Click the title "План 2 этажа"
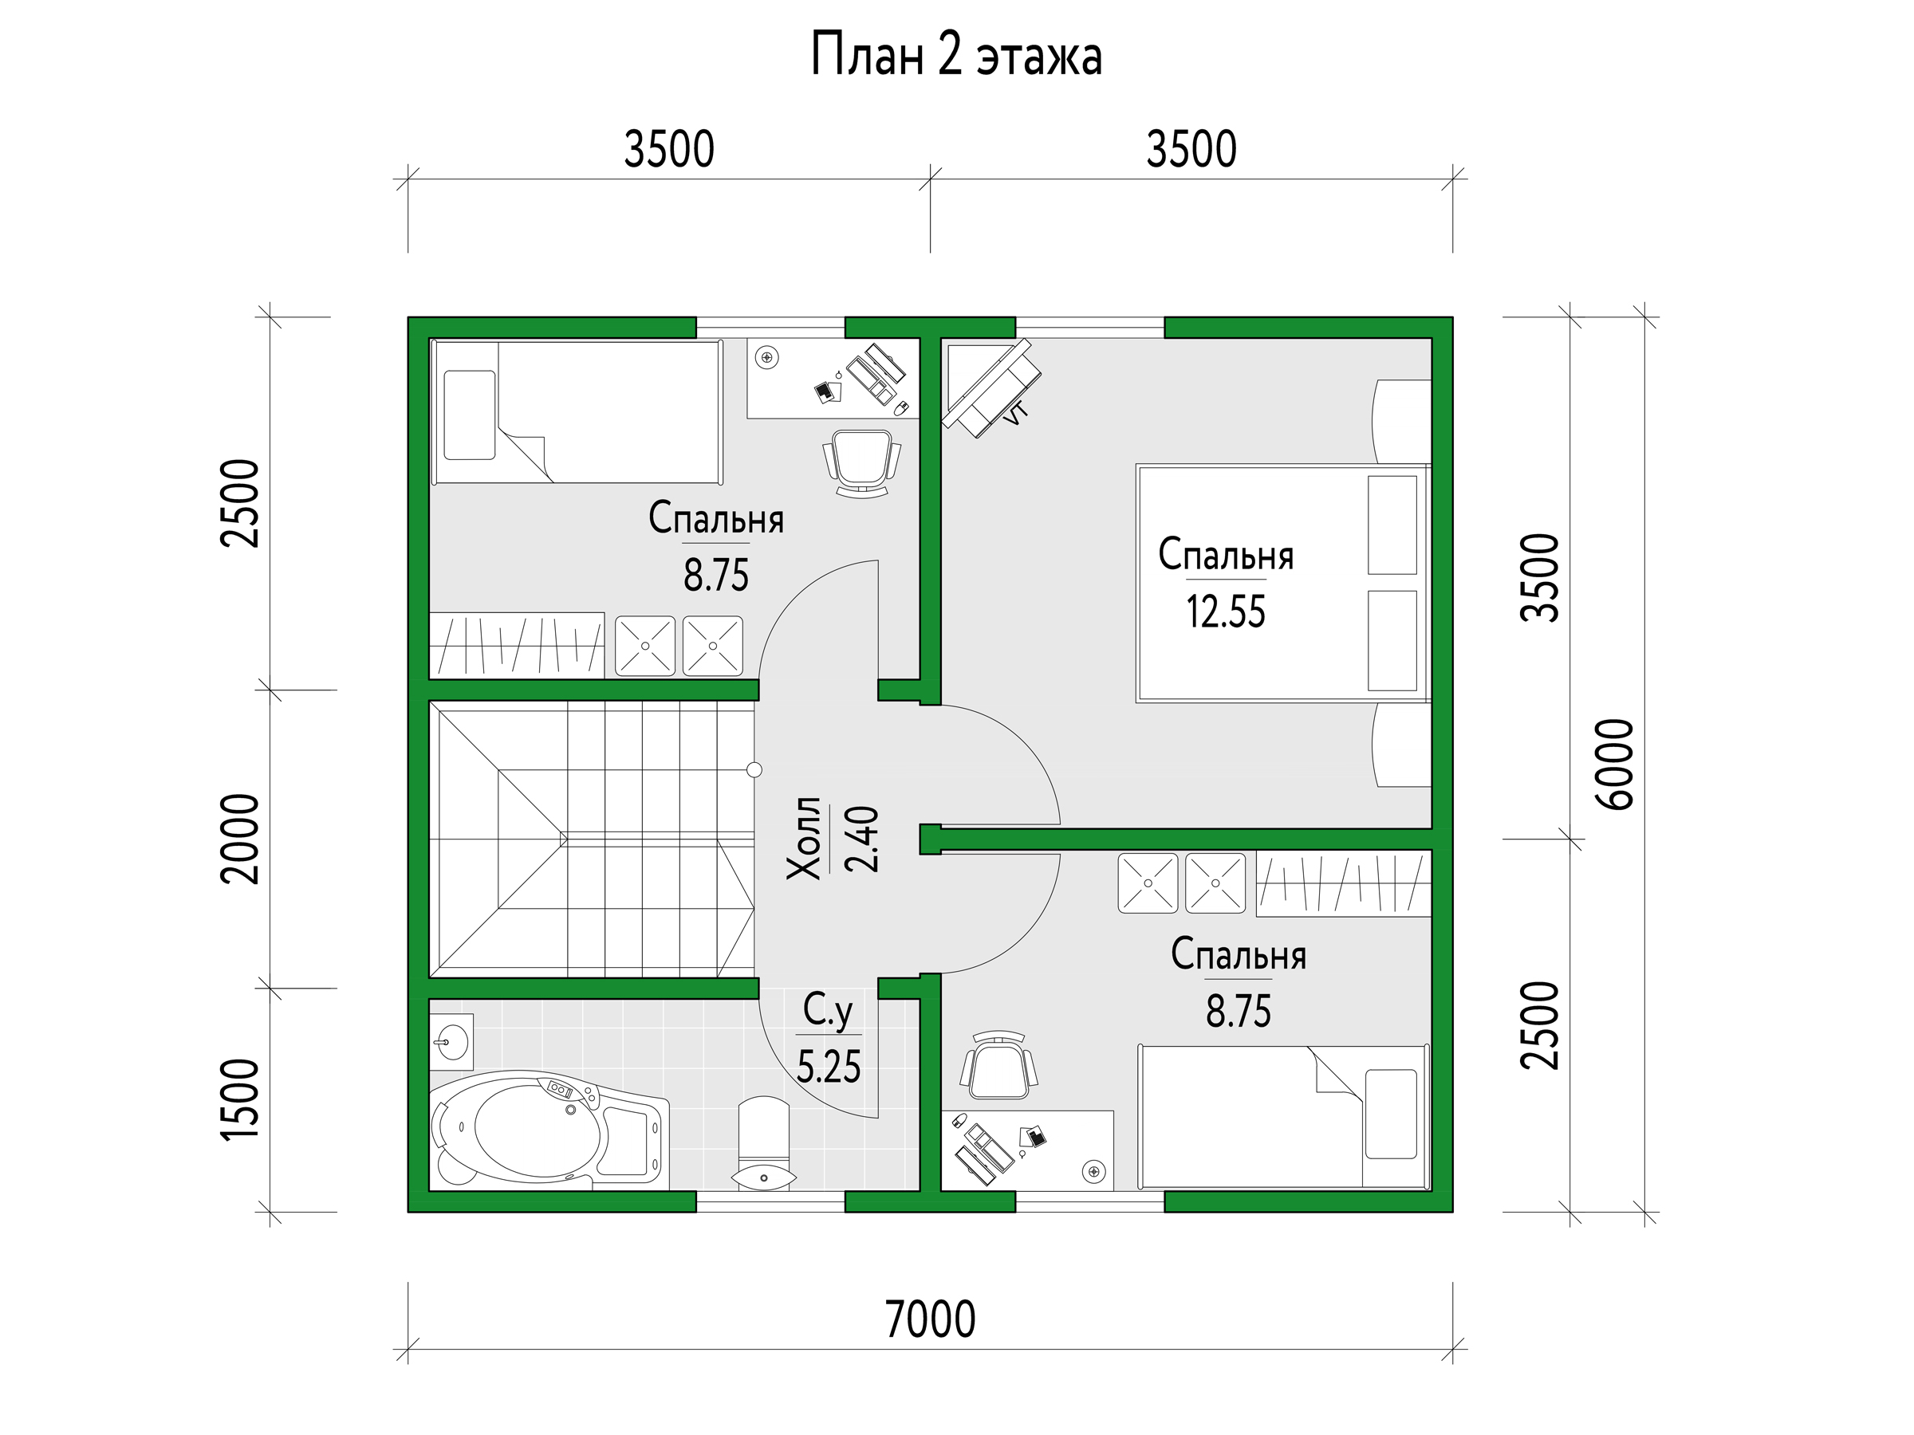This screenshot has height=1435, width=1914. [956, 55]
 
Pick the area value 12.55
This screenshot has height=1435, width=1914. [1225, 611]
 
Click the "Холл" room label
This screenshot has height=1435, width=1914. [804, 838]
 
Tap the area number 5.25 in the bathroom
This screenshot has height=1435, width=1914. [828, 1067]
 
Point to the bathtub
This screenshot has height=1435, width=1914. [549, 1130]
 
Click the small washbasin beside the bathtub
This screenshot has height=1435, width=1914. [451, 1042]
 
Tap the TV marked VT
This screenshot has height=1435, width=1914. [990, 387]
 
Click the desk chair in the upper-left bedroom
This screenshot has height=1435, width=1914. [861, 462]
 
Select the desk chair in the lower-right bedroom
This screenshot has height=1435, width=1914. [998, 1066]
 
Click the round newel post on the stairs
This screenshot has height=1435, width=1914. [754, 770]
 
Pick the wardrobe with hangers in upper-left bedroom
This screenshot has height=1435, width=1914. [517, 644]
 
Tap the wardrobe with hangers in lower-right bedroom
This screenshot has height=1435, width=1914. [1343, 884]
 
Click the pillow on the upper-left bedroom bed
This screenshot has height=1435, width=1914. [470, 415]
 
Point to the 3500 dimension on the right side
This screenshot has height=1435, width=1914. [1539, 577]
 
